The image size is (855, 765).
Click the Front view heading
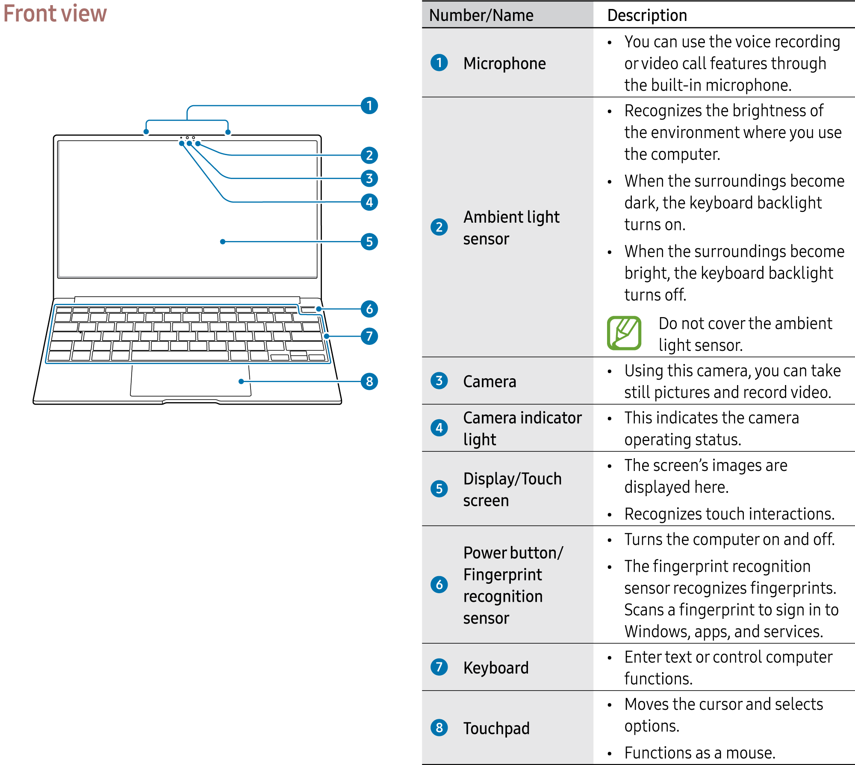55,13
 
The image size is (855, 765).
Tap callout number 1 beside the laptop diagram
369,106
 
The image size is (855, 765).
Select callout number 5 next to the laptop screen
369,241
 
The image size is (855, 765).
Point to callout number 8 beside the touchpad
369,381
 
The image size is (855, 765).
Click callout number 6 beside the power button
369,309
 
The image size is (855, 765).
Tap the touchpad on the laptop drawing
191,380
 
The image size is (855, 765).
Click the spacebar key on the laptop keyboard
180,356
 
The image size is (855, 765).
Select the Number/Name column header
481,15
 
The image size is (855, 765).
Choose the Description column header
647,15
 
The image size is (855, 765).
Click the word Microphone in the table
504,63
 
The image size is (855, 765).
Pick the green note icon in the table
624,333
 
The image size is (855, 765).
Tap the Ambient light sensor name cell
511,228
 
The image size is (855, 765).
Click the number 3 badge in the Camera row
439,380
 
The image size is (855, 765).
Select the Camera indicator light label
522,428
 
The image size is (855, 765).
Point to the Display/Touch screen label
512,489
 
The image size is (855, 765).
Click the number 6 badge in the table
439,584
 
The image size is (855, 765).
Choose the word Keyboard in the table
496,668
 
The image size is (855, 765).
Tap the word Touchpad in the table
496,728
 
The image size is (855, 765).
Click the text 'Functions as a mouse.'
700,753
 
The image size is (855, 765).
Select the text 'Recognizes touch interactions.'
729,514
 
